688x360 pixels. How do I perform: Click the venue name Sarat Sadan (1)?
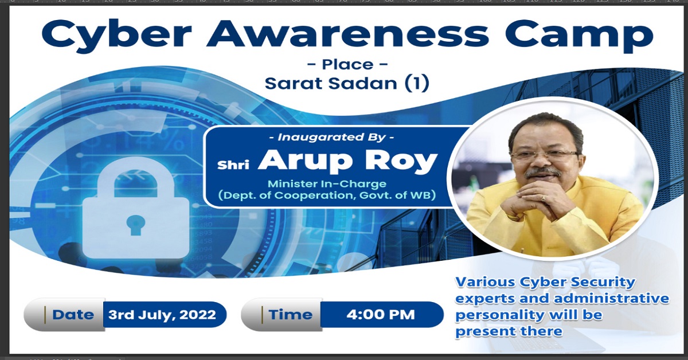point(347,83)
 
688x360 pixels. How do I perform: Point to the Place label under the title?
point(347,65)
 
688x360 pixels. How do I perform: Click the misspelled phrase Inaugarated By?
point(331,137)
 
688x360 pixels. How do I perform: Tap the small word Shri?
point(233,165)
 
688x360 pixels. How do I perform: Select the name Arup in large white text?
point(304,161)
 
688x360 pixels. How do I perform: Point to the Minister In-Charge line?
point(327,183)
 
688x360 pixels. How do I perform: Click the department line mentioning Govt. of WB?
point(327,195)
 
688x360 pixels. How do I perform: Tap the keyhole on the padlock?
point(136,225)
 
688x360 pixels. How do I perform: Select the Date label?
point(73,315)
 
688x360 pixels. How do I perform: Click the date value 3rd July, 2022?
point(162,315)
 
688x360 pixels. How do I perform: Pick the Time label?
point(290,315)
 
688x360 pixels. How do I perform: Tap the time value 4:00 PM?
point(381,315)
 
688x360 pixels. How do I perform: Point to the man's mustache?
point(543,174)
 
